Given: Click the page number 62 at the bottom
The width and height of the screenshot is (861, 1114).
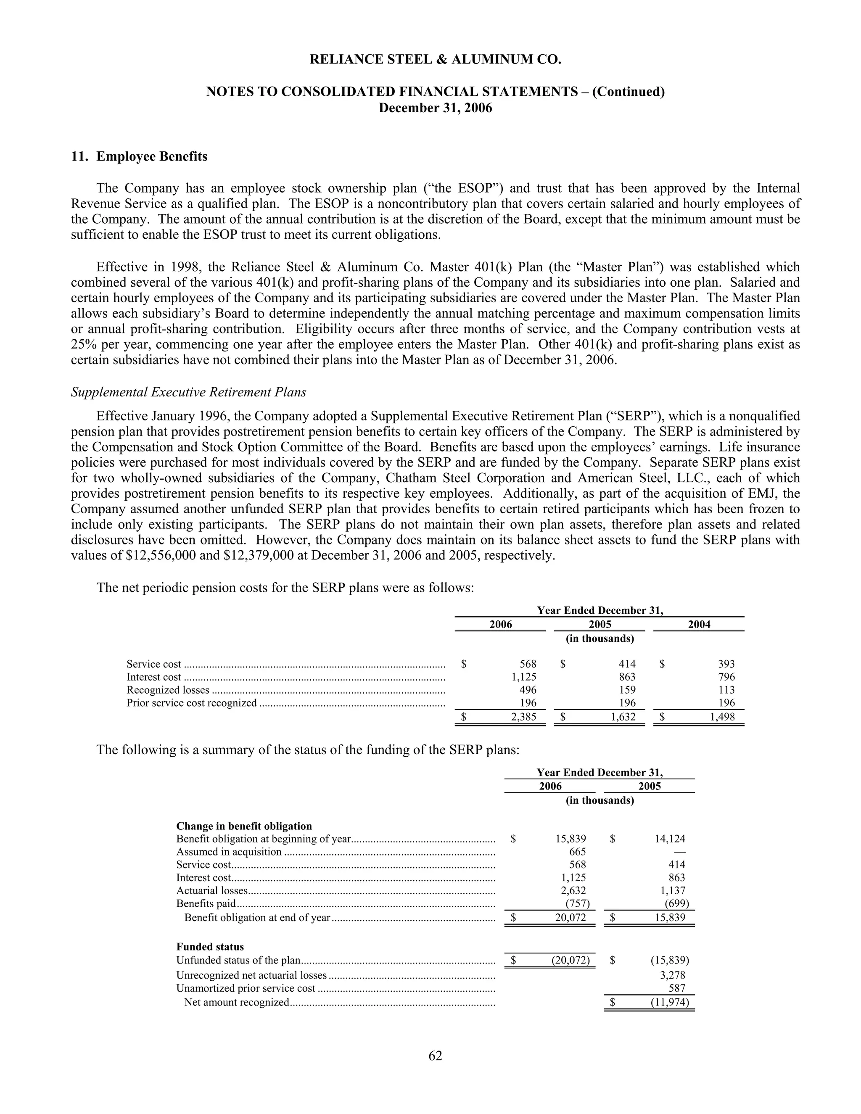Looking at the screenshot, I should [x=435, y=1055].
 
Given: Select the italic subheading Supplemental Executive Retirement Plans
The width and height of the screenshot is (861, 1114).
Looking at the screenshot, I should [x=188, y=392].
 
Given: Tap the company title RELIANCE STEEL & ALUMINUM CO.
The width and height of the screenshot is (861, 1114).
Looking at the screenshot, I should [x=435, y=60].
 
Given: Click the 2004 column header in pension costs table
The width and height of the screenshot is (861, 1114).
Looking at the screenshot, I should [x=699, y=624].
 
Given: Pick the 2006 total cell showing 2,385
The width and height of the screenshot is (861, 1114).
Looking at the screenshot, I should [x=523, y=717].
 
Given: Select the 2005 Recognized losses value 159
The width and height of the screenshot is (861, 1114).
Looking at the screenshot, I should [x=627, y=689].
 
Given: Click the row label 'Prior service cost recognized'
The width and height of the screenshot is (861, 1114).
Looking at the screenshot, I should [x=192, y=703].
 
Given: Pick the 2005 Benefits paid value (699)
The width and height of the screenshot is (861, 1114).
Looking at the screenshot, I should [x=676, y=904].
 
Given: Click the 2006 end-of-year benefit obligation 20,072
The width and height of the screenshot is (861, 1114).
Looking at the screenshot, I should [x=570, y=918].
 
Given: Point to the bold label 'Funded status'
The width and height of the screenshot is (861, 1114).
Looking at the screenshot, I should [x=210, y=947].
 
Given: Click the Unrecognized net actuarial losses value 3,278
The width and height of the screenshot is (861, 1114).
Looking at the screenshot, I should [x=672, y=975].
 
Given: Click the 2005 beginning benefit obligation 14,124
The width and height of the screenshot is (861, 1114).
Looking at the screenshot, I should [x=670, y=839].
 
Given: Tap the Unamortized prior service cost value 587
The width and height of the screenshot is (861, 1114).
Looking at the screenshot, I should [x=677, y=988].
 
